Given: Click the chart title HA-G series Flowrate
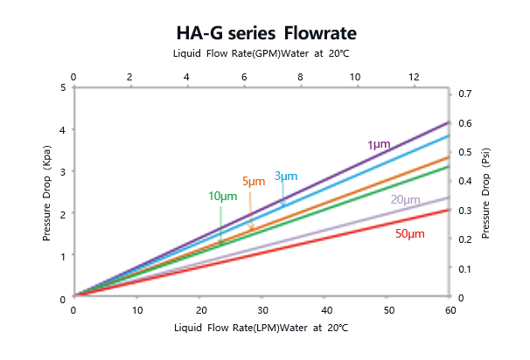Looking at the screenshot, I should pos(264,32).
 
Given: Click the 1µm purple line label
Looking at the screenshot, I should pos(378,143).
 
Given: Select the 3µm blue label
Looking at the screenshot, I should pos(286,176).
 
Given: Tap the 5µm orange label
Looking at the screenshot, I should pos(253,182).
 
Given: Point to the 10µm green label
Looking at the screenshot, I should pos(222,196).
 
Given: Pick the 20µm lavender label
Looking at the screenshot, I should pos(405,200).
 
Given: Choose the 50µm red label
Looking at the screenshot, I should pos(409,233).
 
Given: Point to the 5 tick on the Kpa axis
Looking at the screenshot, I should pos(63,87).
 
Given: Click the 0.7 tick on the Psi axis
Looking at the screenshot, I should pos(464,93).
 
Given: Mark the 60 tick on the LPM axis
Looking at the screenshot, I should pos(450,310).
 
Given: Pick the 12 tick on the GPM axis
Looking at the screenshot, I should pos(412,77).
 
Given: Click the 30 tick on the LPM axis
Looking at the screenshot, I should pos(262,310).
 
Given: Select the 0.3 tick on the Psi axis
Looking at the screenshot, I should pos(464,210).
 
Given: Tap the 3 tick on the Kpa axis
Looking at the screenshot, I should pos(63,172).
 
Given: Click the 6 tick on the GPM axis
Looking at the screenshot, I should pos(243,77).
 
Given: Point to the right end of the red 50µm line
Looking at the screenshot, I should pos(449,210).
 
